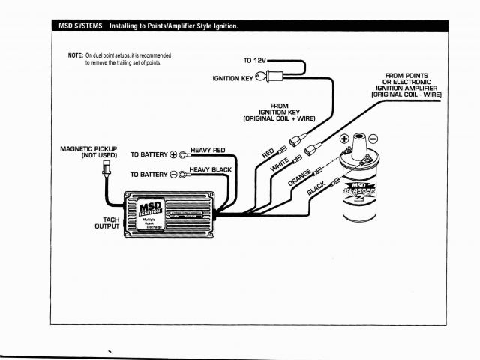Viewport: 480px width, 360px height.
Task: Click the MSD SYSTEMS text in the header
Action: [80, 26]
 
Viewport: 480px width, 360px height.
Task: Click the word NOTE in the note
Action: [76, 55]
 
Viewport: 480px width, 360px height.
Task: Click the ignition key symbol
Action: [262, 76]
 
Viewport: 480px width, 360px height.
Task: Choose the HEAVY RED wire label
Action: [208, 151]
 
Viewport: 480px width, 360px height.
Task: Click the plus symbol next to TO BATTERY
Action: [174, 155]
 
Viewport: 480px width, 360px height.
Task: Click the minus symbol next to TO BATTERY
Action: [174, 175]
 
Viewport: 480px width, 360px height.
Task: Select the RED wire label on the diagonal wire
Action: [268, 153]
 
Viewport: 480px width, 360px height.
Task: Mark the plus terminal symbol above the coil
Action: [344, 139]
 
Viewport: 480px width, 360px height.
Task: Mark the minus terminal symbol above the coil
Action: [374, 139]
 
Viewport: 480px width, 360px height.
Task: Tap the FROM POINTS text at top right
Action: [406, 76]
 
